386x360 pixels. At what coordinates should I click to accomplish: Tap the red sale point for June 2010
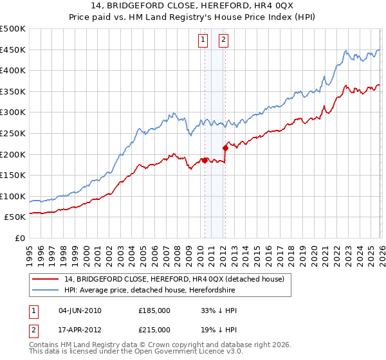point(205,161)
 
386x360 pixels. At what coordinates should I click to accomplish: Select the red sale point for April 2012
point(226,148)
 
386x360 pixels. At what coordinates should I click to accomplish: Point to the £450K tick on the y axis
point(14,50)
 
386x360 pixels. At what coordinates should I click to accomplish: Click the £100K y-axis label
point(14,196)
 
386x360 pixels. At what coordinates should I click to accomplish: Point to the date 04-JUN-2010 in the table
point(80,310)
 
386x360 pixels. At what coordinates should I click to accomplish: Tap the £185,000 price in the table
point(154,310)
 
